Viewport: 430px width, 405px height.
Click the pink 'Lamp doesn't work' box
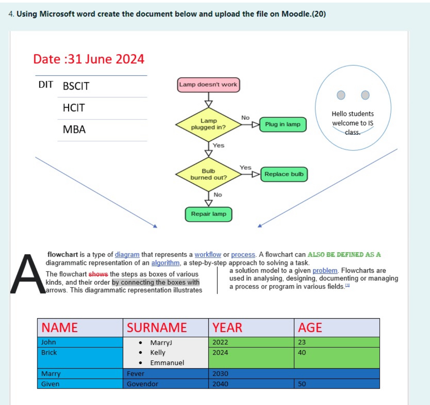coord(208,85)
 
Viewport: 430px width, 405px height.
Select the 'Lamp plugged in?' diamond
coord(208,124)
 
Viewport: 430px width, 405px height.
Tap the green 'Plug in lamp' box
coord(283,124)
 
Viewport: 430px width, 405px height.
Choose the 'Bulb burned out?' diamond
coord(208,174)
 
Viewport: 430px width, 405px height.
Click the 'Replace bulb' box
coord(284,174)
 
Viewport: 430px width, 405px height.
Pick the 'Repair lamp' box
coord(208,214)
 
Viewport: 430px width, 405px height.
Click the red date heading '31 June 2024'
coord(89,59)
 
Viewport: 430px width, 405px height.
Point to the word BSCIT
coord(76,86)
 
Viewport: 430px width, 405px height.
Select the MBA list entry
coord(74,129)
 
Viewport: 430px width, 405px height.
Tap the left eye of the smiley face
coord(341,95)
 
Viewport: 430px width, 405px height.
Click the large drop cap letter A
coord(28,274)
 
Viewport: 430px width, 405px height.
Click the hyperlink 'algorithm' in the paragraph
coord(165,263)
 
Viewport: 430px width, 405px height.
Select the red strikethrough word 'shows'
coord(98,274)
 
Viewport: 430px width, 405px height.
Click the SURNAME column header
coord(157,327)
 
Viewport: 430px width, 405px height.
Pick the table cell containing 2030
coord(220,374)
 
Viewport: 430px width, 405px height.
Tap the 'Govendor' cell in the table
coord(143,384)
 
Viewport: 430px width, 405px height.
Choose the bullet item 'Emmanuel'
coord(167,363)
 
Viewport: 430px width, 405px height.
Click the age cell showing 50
coord(302,384)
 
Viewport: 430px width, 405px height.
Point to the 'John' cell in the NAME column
coord(49,342)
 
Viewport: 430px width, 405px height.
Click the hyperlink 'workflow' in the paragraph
coord(208,255)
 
